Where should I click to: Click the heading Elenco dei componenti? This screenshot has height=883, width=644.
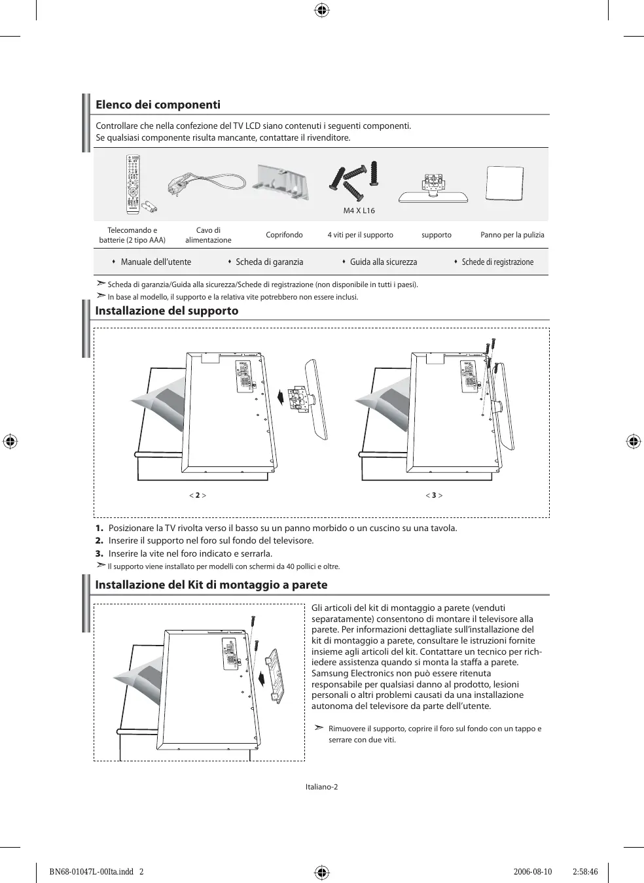click(x=158, y=105)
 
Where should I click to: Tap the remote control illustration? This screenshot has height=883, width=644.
click(x=134, y=184)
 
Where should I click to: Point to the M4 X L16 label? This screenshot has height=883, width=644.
click(x=359, y=211)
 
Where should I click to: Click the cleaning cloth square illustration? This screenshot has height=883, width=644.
click(x=504, y=183)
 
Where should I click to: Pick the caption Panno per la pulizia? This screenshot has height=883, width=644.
click(x=512, y=235)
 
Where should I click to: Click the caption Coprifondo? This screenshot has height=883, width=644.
click(x=284, y=235)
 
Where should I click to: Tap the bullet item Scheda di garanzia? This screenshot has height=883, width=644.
click(x=269, y=262)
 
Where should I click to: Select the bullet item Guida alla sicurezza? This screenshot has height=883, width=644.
click(x=383, y=262)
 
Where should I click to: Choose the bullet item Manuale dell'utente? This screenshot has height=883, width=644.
click(x=156, y=262)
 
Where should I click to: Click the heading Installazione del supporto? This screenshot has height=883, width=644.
click(x=167, y=311)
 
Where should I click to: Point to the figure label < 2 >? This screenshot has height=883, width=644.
click(x=198, y=495)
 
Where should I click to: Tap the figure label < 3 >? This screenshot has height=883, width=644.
click(x=434, y=495)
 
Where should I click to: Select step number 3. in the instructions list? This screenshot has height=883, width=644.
click(x=99, y=553)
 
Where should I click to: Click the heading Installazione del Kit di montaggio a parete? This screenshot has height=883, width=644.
click(x=211, y=585)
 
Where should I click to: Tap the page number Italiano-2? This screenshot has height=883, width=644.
click(x=321, y=787)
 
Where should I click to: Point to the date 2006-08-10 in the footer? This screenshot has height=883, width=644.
click(x=533, y=872)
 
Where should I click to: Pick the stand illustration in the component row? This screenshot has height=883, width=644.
click(x=433, y=188)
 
